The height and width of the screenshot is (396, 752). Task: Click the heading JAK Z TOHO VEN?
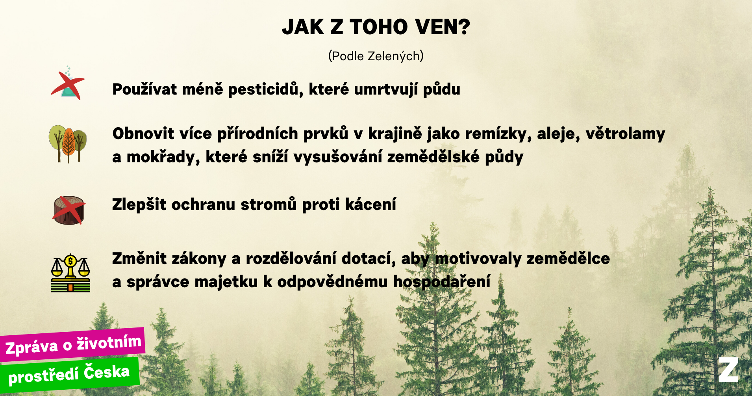pos(376,27)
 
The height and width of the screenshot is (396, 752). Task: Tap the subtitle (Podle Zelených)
pos(376,56)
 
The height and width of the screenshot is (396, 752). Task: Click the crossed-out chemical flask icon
pos(68,84)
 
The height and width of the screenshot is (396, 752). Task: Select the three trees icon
pos(68,144)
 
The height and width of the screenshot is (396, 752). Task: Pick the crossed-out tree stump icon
pos(69,210)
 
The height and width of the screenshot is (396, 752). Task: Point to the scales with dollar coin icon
pos(70,273)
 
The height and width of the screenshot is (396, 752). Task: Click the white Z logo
pos(728,370)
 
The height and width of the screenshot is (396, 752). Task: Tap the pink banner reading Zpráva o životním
pos(73,344)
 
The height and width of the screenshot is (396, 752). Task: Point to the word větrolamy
pos(625,134)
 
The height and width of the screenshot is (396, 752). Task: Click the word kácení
pos(370,205)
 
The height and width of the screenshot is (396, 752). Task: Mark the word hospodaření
pos(442,282)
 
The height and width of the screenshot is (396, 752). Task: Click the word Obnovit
pos(143,134)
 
